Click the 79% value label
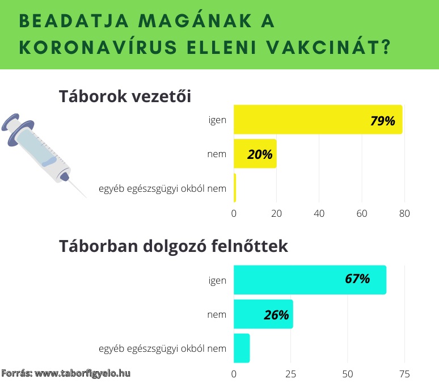[x=382, y=121]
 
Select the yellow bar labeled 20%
[x=255, y=154]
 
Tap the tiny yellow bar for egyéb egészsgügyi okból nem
[x=235, y=188]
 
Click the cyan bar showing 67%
[x=310, y=280]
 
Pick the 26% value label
[x=276, y=315]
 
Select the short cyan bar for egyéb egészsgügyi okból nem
[x=242, y=348]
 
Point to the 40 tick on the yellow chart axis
[x=319, y=213]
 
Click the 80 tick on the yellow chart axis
[x=404, y=213]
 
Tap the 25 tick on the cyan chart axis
[x=290, y=374]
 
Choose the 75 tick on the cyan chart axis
[x=404, y=374]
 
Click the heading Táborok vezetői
[x=125, y=96]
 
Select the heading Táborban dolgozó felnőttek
[x=174, y=246]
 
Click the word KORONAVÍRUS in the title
[x=98, y=47]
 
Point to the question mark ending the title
[x=386, y=47]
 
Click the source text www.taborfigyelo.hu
[x=82, y=373]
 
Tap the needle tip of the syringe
[x=86, y=197]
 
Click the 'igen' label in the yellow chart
[x=217, y=120]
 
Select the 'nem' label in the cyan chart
[x=217, y=315]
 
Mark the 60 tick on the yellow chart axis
[x=362, y=213]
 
